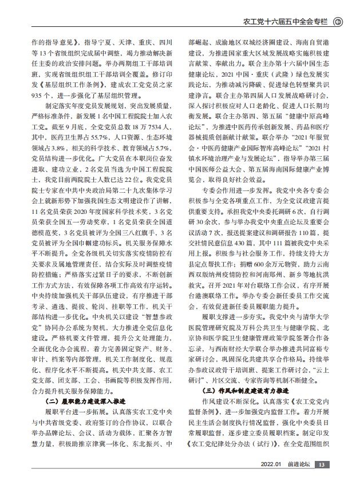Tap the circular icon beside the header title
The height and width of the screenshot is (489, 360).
coord(338,22)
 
